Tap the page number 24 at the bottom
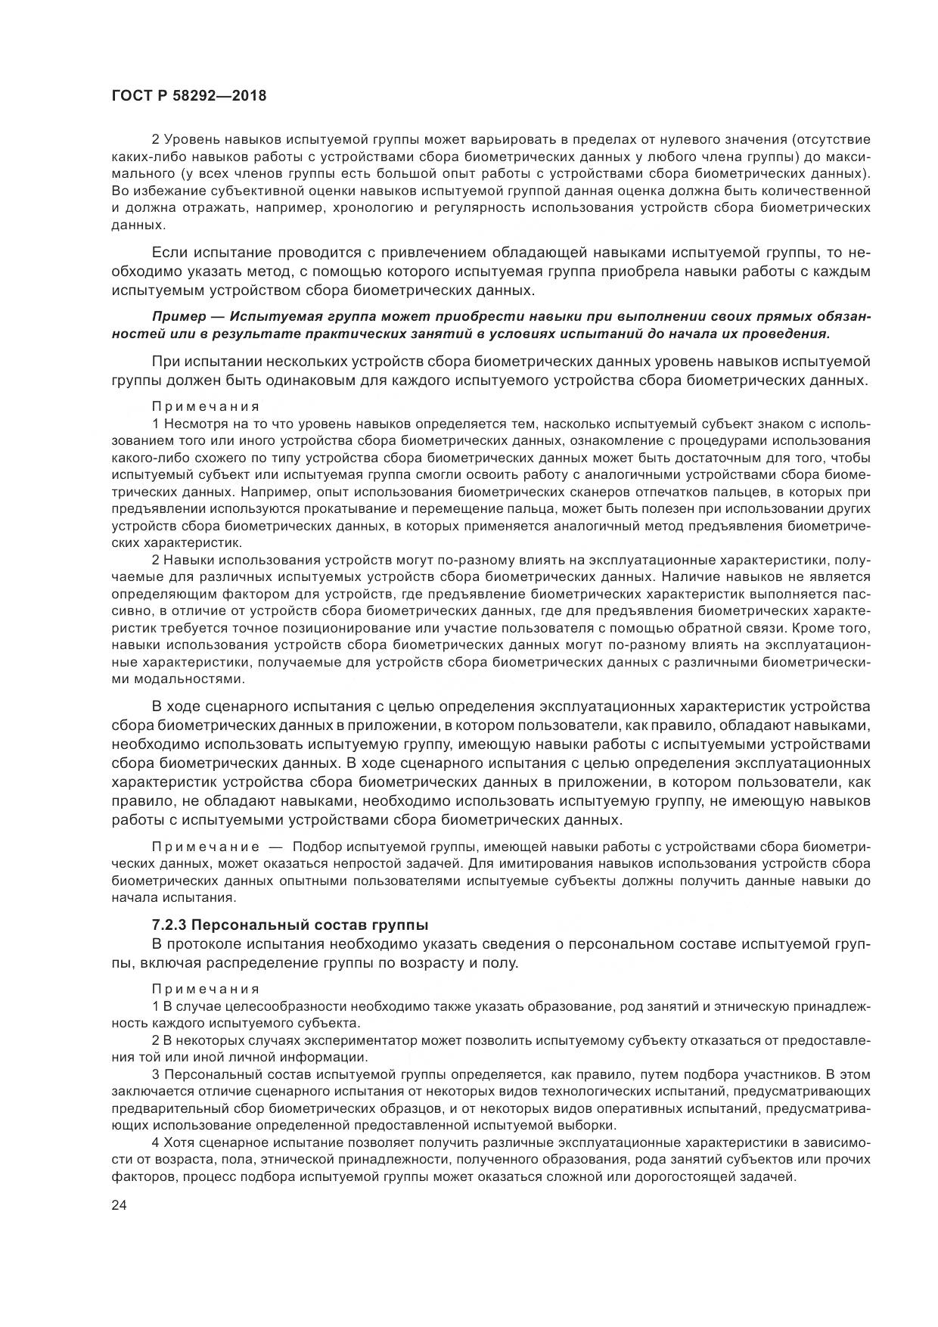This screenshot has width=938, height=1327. [x=119, y=1206]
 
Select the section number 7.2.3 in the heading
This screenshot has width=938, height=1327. [x=170, y=925]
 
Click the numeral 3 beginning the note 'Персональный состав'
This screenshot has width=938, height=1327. [x=156, y=1074]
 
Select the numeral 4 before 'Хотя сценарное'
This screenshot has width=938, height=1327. [x=156, y=1142]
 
